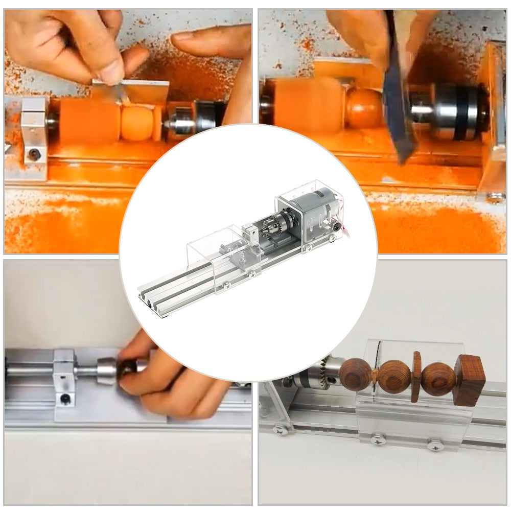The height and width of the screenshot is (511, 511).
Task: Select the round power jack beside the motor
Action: coord(336,224)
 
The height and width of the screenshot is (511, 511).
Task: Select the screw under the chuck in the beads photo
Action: coord(281,430)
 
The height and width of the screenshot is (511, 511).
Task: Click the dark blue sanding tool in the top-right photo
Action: coord(398,102)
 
